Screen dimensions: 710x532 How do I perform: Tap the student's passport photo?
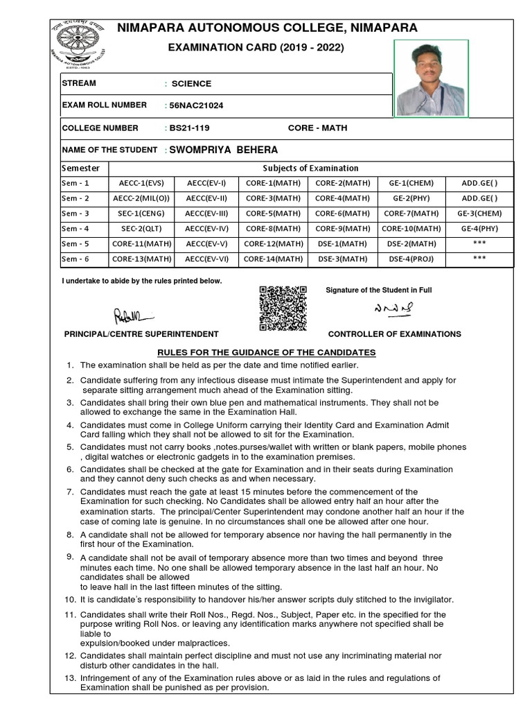point(431,78)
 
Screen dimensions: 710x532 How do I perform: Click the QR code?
point(283,308)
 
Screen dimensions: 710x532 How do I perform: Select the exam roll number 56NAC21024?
point(196,105)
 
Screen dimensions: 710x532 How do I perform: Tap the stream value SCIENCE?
point(191,84)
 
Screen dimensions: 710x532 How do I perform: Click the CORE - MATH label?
point(317,128)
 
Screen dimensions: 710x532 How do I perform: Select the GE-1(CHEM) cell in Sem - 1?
point(411,184)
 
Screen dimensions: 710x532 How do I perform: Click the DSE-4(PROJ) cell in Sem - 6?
point(411,259)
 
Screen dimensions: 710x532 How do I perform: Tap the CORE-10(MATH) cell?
point(411,229)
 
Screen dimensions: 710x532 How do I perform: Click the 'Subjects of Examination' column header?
point(310,168)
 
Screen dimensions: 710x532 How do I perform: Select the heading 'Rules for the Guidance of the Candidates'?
point(267,352)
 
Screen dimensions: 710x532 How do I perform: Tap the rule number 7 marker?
point(70,492)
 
